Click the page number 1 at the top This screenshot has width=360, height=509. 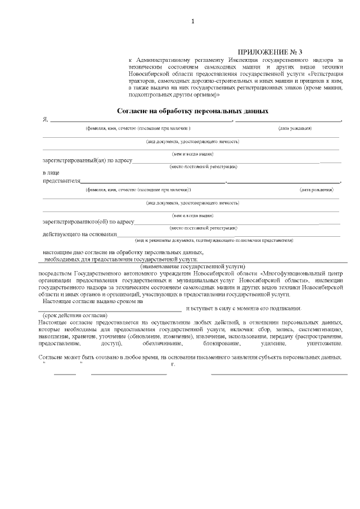click(193, 21)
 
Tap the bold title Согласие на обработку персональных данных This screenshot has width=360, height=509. click(192, 111)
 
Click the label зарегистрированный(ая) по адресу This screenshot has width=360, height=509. click(87, 160)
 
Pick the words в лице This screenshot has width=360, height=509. click(51, 173)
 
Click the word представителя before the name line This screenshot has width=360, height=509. click(61, 181)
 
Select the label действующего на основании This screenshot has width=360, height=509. click(79, 234)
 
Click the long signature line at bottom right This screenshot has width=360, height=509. click(279, 373)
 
